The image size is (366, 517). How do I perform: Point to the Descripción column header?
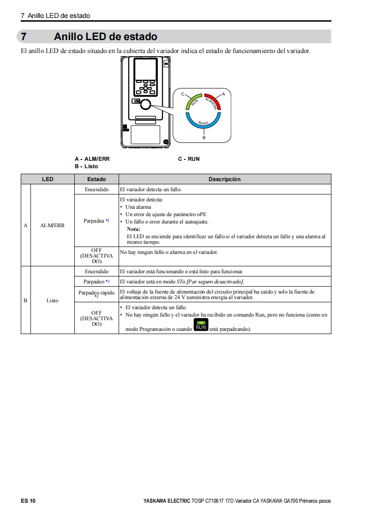click(x=224, y=179)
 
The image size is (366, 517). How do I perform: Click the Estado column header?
click(x=96, y=179)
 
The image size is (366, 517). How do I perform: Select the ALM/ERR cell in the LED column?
click(x=52, y=225)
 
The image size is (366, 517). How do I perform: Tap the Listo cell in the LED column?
click(x=52, y=300)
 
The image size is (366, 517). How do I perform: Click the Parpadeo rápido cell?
click(x=96, y=294)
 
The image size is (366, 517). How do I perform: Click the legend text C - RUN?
click(x=189, y=159)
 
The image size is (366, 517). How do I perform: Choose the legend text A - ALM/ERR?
click(x=92, y=159)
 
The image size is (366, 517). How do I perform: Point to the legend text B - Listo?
click(x=86, y=166)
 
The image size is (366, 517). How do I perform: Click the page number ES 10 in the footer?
click(x=28, y=501)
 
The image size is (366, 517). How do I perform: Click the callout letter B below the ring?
click(x=204, y=138)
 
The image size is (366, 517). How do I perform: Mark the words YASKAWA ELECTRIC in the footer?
click(x=166, y=501)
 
